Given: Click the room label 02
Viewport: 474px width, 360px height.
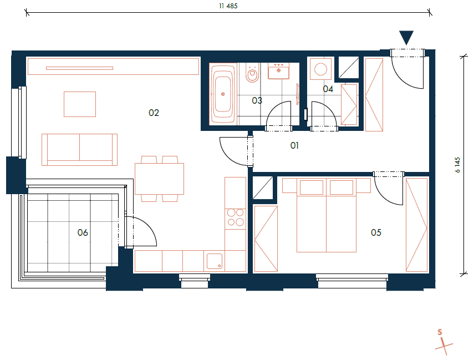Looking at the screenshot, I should pos(154,113).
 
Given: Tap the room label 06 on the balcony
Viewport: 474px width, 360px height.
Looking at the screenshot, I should pos(83,232).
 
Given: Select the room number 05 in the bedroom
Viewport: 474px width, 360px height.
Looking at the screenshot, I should pos(376,232).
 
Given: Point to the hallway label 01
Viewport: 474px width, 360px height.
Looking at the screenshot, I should pos(294,146).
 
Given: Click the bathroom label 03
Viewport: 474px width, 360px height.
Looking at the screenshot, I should pos(257,100).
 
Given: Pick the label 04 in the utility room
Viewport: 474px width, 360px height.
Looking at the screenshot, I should pos(328,89).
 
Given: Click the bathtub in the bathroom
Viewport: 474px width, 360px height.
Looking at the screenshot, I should pos(223,94).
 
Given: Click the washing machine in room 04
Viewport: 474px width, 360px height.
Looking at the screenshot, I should pos(320,69).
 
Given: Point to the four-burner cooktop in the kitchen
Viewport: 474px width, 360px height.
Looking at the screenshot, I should pos(235,217).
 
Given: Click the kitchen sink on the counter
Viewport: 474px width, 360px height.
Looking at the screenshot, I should pos(214,261).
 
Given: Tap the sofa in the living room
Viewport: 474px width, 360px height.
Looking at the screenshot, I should pos(79,149).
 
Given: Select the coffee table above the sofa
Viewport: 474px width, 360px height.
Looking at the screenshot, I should pos(80,104).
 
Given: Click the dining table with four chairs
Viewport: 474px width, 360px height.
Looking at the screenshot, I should pos(159,179).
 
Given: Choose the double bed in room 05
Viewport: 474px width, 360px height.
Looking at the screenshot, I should pos(325,216).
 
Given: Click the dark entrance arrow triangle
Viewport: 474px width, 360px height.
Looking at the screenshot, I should pos(406,37).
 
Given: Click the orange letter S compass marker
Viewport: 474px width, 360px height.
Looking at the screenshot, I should pos(440,332).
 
